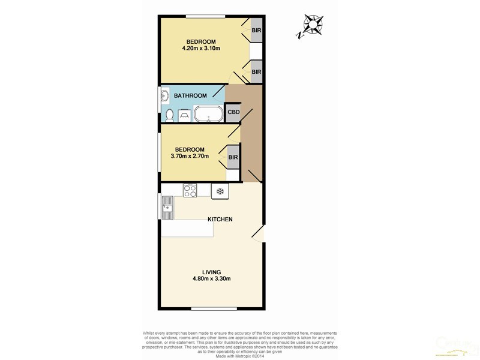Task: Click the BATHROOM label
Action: [190, 96]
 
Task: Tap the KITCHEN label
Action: [220, 220]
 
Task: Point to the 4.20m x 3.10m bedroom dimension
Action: [201, 49]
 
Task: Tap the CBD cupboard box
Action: [233, 112]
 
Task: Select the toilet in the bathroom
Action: [170, 115]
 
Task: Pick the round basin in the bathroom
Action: [163, 95]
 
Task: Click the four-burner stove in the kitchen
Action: [191, 190]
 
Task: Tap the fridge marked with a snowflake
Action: [220, 191]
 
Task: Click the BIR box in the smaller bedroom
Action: [233, 158]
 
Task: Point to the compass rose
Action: [313, 25]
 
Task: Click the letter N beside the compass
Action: [299, 35]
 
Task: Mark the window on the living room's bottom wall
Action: [210, 308]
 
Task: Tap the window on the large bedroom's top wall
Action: [205, 16]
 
